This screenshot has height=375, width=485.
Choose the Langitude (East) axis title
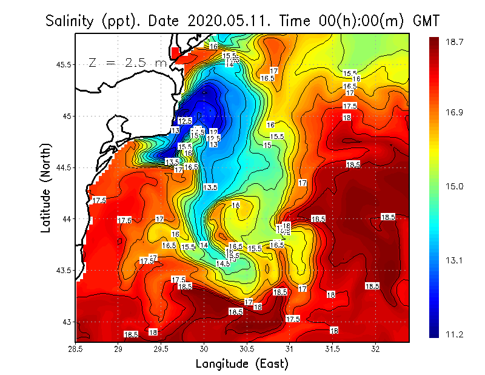pyautogui.click(x=242, y=364)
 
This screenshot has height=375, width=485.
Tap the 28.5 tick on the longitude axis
pyautogui.click(x=76, y=349)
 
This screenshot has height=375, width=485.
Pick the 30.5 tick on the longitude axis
pyautogui.click(x=247, y=349)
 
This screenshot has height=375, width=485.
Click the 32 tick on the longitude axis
pyautogui.click(x=375, y=349)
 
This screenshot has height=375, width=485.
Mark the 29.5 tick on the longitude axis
pyautogui.click(x=161, y=349)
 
